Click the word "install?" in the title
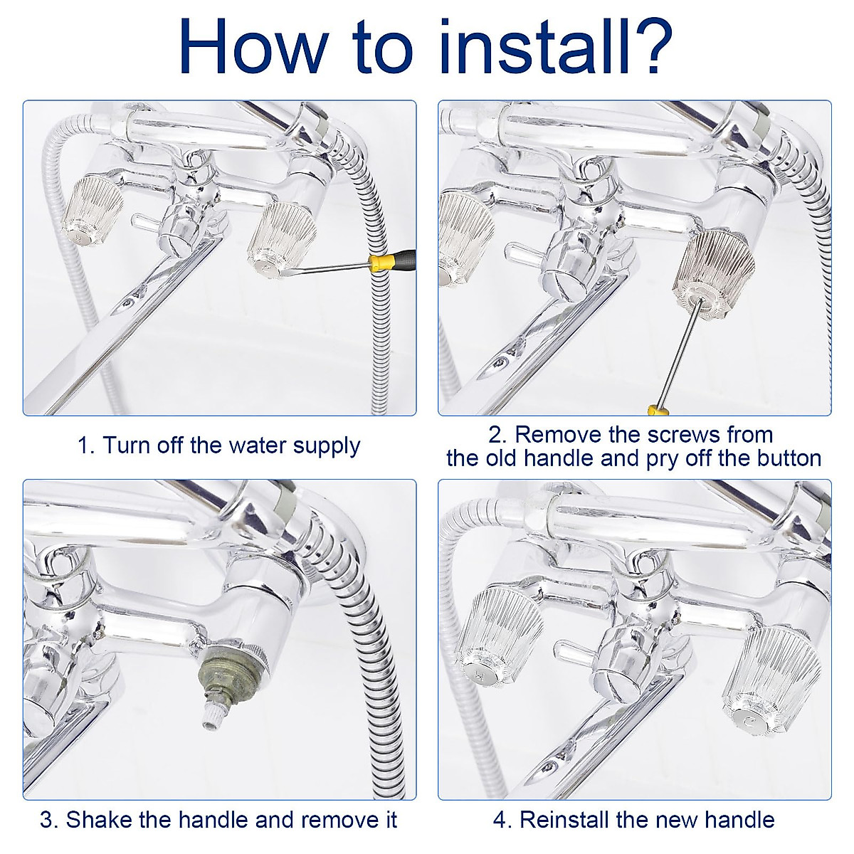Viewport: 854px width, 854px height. (x=557, y=46)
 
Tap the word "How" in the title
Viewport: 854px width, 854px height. (x=251, y=46)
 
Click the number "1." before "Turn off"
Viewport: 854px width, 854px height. (x=86, y=445)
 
